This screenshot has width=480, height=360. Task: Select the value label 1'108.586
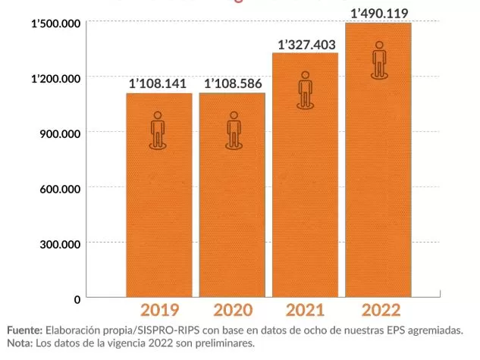click(x=232, y=83)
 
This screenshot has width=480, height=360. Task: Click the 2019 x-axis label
click(x=159, y=310)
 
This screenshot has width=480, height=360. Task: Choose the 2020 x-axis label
click(x=233, y=310)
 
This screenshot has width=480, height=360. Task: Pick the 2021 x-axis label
click(x=306, y=310)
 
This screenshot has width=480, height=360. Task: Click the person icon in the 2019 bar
click(x=158, y=130)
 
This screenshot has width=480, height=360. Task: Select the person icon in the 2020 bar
click(x=233, y=130)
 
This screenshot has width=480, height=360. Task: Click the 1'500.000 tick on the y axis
click(x=55, y=24)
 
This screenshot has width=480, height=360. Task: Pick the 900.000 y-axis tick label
click(x=60, y=134)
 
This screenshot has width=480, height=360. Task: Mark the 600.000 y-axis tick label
click(x=60, y=189)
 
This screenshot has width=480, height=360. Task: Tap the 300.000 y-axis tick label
click(x=60, y=244)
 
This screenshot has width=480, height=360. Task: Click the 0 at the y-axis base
click(x=77, y=299)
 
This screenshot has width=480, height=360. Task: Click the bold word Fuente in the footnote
click(x=24, y=331)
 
